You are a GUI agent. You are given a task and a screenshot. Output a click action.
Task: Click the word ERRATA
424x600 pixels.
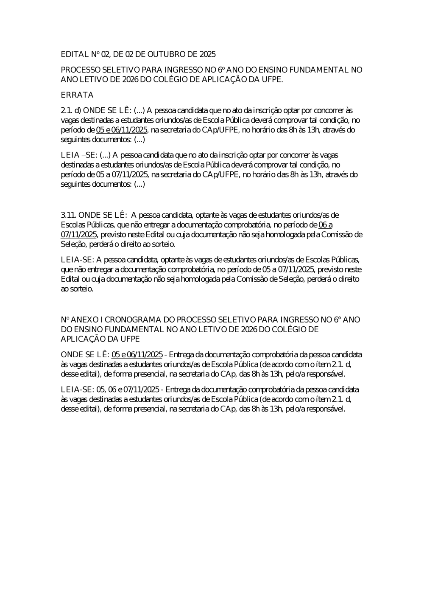(77, 95)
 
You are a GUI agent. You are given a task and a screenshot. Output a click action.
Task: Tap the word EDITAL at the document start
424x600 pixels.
(75, 54)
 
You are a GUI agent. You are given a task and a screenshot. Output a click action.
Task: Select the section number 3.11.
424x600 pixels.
(69, 216)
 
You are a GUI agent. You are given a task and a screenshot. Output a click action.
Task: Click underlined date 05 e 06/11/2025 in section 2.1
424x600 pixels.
(122, 130)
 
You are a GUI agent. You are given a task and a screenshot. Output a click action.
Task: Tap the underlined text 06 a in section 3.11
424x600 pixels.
(325, 225)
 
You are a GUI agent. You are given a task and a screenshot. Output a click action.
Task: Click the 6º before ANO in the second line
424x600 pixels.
(221, 70)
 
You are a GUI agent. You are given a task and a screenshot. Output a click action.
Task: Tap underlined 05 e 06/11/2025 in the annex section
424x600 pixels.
(137, 355)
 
